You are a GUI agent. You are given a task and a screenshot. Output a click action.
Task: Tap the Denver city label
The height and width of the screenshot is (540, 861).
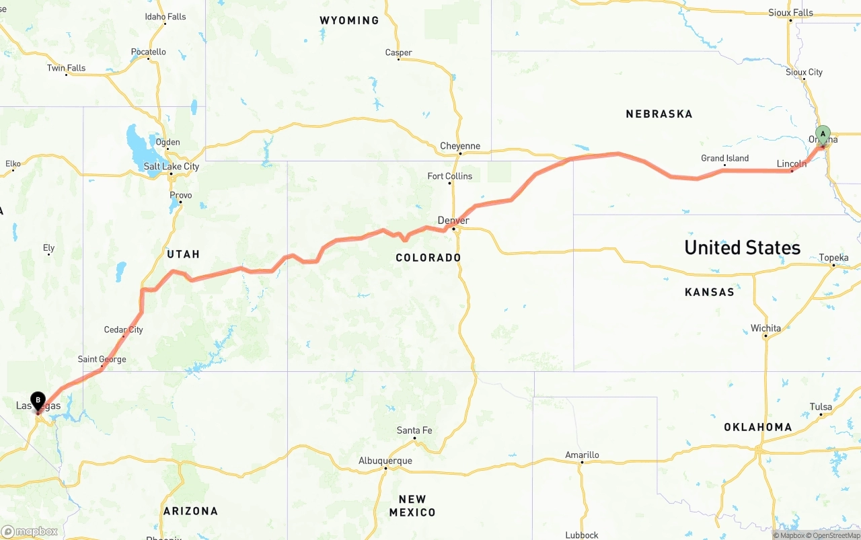(453, 221)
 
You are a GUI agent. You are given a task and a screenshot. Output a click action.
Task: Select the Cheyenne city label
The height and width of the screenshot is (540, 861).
(460, 146)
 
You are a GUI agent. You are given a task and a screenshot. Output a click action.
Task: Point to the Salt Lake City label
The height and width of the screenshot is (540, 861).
(171, 166)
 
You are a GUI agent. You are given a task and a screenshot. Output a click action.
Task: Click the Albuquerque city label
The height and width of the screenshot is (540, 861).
(385, 461)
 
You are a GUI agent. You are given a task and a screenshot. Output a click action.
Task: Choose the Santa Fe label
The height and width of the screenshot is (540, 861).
(414, 430)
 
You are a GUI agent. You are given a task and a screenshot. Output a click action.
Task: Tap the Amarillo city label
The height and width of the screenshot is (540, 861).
(582, 455)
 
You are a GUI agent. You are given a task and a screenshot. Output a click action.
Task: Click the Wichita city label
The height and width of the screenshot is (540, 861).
(765, 328)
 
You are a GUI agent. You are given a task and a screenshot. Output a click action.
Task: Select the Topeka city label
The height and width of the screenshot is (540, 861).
(833, 258)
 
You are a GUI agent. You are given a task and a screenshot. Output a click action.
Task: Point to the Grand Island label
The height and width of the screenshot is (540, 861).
(724, 159)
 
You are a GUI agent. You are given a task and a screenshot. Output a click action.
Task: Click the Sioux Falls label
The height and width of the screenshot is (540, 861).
(790, 13)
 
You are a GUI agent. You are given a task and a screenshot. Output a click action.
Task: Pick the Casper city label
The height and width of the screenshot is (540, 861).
(398, 52)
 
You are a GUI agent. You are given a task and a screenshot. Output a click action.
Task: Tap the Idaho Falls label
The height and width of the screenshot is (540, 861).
(165, 17)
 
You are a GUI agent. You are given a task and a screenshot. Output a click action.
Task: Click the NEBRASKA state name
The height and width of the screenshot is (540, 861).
(659, 114)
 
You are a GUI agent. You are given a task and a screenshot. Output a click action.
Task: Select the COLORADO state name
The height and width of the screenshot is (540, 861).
(428, 258)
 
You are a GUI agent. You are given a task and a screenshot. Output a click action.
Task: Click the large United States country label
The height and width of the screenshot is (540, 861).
(742, 247)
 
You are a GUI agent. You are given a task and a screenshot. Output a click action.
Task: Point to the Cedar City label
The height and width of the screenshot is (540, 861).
(123, 330)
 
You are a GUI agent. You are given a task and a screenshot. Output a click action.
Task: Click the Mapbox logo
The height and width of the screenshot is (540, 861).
(30, 531)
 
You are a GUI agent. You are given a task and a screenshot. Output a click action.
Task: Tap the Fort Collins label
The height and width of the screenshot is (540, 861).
(450, 176)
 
